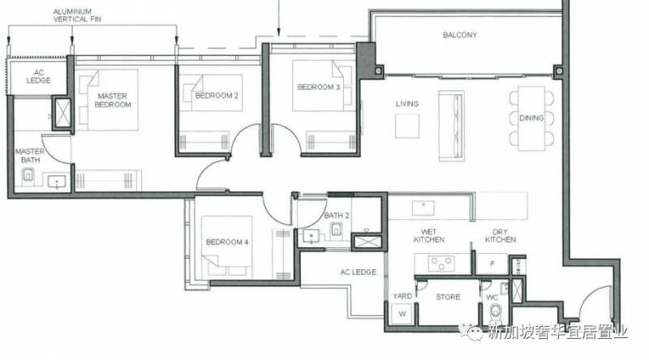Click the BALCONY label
tap(459, 35)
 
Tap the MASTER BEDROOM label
tap(113, 101)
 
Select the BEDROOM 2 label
tap(217, 96)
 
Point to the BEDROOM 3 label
tap(318, 88)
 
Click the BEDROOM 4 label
tap(227, 242)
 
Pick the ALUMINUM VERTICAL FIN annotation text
tap(77, 15)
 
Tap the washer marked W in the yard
tap(402, 314)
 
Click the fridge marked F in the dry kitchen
tap(492, 264)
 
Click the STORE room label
tap(448, 297)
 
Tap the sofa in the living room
tap(451, 126)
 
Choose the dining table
tap(531, 118)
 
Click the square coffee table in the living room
tap(407, 126)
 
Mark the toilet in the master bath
tap(28, 175)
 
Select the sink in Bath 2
tap(311, 237)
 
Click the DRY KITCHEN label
tap(501, 236)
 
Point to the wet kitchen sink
tap(423, 208)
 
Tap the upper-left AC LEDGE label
tap(38, 76)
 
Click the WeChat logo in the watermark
tap(471, 332)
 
